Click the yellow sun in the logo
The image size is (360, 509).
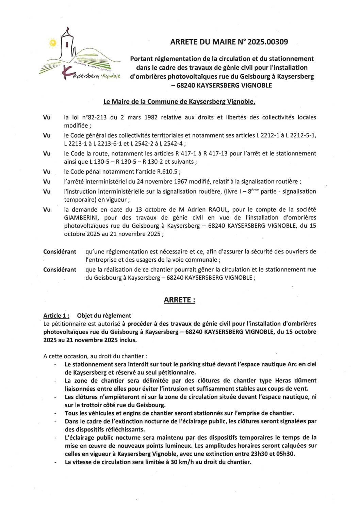click(52, 43)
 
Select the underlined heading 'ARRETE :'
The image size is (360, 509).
click(179, 300)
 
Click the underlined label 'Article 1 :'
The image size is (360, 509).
click(56, 316)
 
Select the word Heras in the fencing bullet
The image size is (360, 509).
click(283, 381)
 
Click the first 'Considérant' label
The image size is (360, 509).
click(60, 252)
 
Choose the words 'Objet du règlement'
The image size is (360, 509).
click(104, 316)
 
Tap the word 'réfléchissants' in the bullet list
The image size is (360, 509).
click(125, 429)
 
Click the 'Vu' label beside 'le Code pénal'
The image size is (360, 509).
click(47, 172)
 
